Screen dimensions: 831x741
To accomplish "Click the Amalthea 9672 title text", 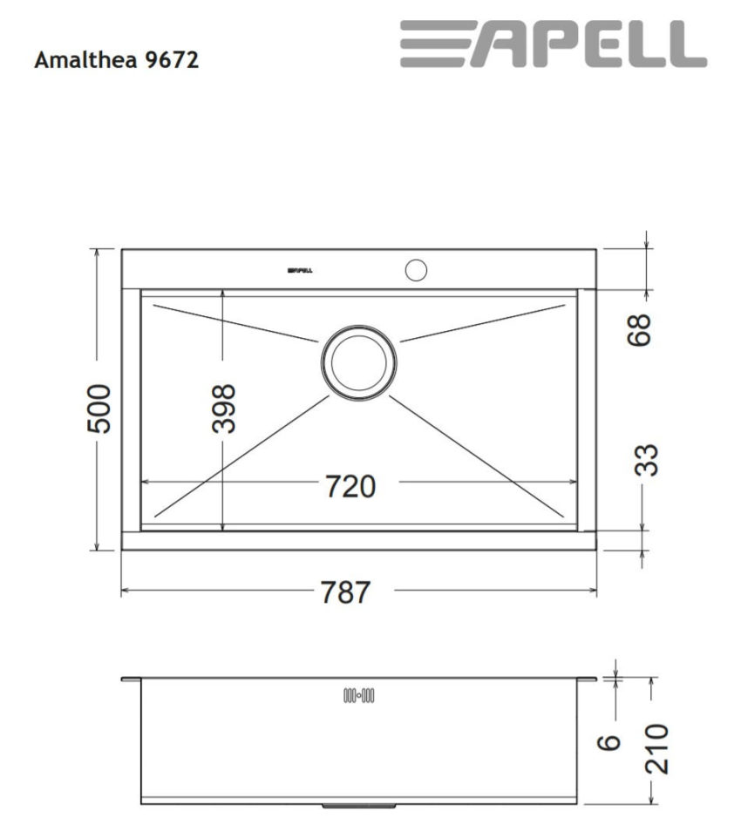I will click(116, 61).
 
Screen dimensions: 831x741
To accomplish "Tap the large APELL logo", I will click(553, 44).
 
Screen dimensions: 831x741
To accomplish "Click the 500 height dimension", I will click(99, 407).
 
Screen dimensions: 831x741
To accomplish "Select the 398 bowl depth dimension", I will click(224, 408).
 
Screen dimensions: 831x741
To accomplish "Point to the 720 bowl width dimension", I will click(350, 486).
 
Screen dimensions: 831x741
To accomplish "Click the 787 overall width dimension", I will click(345, 592).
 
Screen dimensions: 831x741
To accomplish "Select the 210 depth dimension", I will click(655, 747).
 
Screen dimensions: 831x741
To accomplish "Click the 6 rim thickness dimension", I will click(610, 741).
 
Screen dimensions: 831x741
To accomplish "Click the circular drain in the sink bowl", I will click(358, 362).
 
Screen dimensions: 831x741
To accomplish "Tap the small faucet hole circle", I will click(416, 269).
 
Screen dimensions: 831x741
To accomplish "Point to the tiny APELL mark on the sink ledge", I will click(300, 271).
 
